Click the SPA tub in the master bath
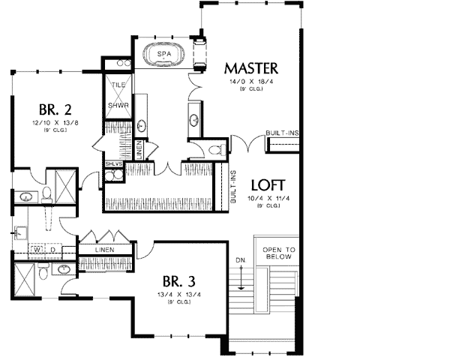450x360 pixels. (163, 55)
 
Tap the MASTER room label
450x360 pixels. (251, 67)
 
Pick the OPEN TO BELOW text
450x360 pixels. (280, 253)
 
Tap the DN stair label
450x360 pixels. (241, 262)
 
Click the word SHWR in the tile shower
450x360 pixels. (118, 105)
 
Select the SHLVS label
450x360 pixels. (114, 163)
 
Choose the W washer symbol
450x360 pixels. (35, 248)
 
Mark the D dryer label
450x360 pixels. (51, 248)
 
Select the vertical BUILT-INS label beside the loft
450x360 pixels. (234, 187)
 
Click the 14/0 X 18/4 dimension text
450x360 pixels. (250, 80)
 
